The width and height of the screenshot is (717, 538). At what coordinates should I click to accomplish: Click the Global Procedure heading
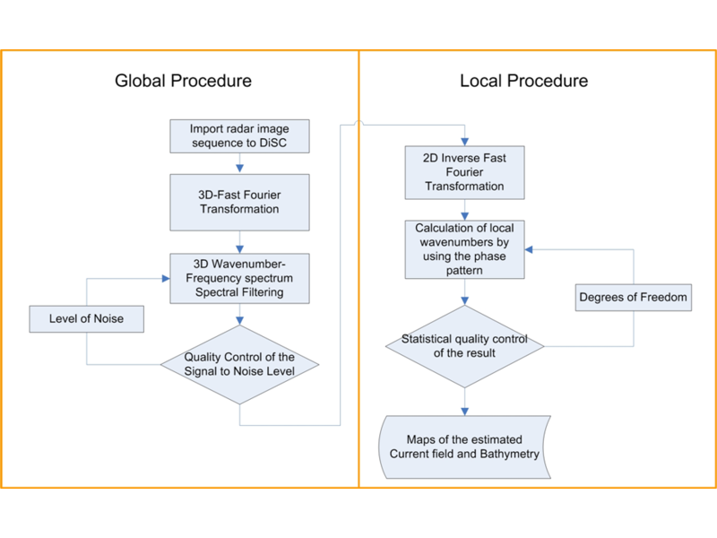coord(183,81)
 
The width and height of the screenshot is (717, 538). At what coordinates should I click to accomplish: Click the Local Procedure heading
coord(523,81)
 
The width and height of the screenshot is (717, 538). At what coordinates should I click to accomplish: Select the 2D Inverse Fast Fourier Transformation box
coord(463,173)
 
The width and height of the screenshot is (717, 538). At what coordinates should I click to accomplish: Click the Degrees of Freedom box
coord(635,297)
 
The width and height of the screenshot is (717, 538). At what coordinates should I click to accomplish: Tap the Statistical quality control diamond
coord(464,345)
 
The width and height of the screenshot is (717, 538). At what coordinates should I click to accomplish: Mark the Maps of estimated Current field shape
coord(464,447)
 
